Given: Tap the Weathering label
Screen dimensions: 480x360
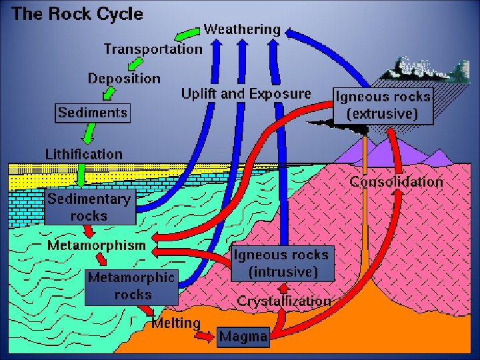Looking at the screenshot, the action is [x=242, y=29].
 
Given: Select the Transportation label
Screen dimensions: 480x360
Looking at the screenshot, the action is [x=153, y=49].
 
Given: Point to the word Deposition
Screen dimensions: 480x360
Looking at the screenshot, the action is [x=125, y=78].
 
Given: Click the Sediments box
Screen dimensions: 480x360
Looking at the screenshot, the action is [x=92, y=112].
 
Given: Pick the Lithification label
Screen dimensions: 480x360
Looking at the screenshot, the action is [x=84, y=154].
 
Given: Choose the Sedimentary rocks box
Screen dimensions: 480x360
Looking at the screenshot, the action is [x=89, y=207].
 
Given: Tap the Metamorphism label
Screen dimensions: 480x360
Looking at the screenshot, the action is [x=96, y=245].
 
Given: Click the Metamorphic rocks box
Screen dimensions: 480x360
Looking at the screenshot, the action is [x=131, y=285].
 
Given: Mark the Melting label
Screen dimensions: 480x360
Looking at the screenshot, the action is [x=176, y=323].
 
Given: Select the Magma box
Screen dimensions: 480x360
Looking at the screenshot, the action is [x=243, y=337].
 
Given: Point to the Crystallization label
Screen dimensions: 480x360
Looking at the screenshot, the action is [x=283, y=301].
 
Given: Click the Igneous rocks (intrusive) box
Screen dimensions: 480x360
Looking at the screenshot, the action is [x=281, y=263].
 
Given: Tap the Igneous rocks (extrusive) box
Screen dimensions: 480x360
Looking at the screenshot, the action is [x=383, y=105].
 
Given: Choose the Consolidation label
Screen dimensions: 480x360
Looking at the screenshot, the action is [x=396, y=181].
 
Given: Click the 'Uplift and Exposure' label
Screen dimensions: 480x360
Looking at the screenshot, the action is [x=246, y=93].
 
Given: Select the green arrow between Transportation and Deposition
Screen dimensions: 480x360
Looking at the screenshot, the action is [x=133, y=63].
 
